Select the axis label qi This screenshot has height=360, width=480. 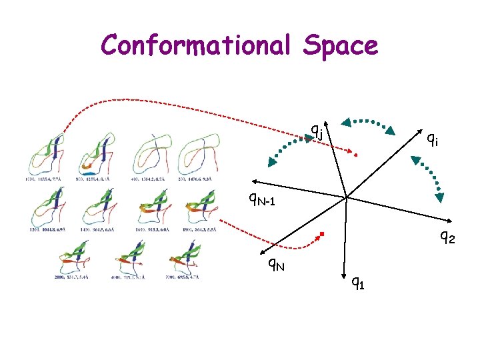click(x=432, y=139)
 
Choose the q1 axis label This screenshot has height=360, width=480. click(x=358, y=283)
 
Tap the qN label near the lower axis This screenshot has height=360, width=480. click(x=276, y=265)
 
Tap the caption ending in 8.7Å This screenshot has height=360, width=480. click(x=153, y=179)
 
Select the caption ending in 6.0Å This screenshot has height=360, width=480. click(x=153, y=229)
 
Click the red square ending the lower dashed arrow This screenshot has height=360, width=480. click(x=321, y=233)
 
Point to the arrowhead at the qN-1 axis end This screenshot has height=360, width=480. click(x=253, y=181)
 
